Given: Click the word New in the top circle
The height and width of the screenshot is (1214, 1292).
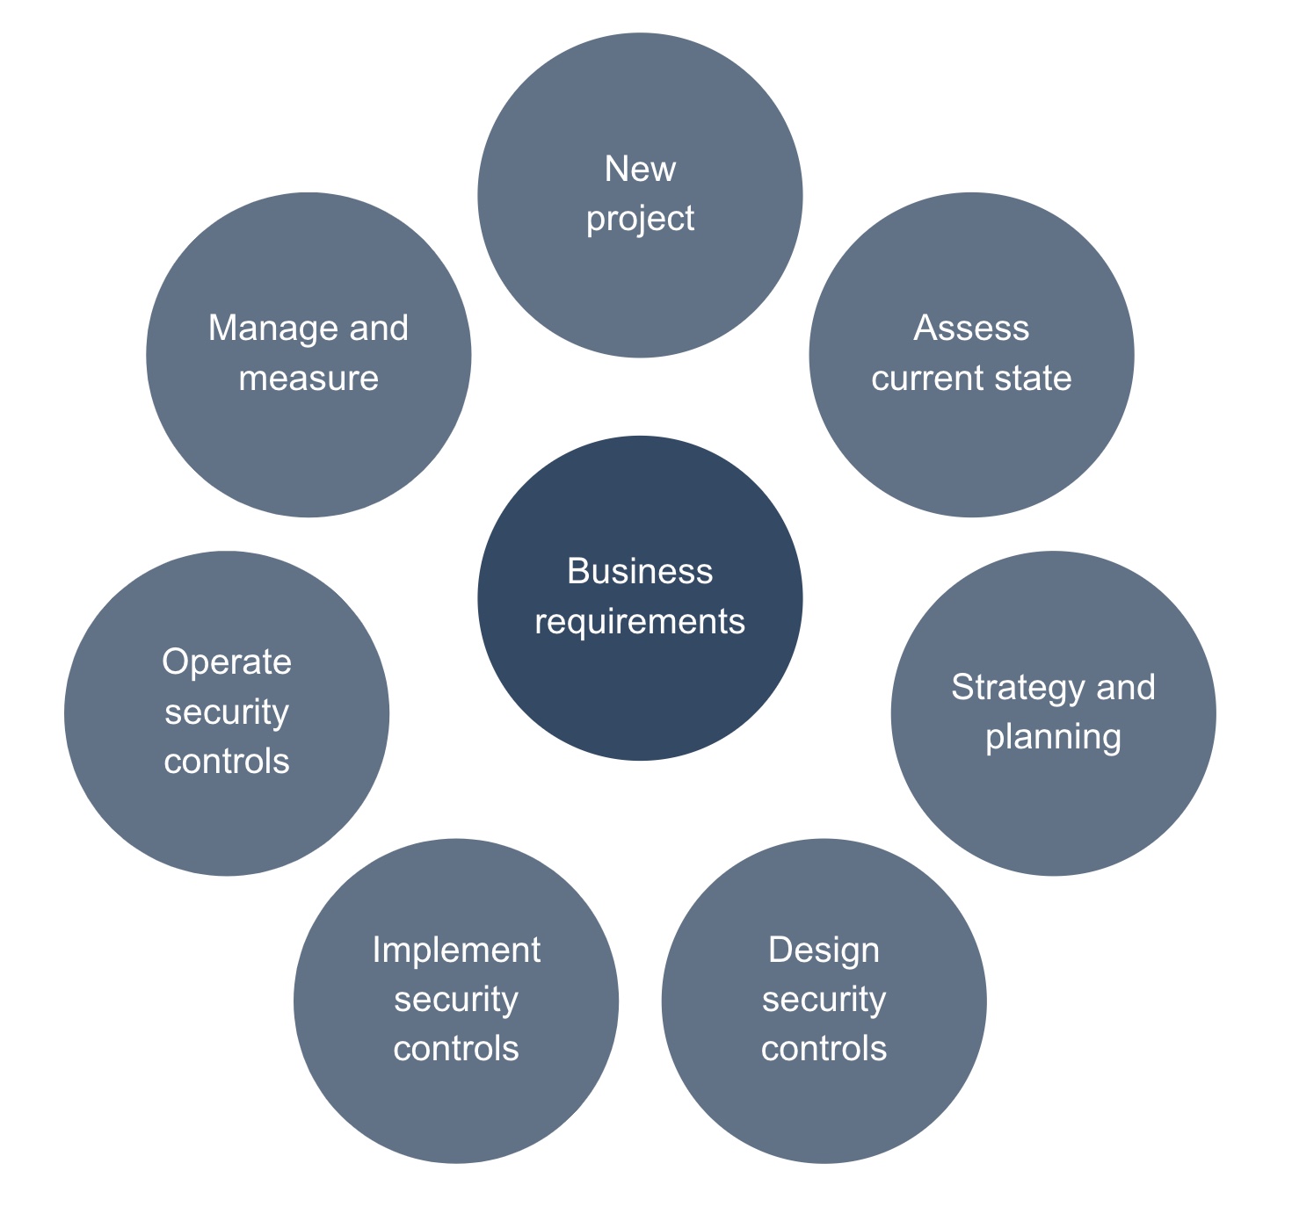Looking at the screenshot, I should coord(640,169).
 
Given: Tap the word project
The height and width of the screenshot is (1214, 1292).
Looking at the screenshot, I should coord(640,220).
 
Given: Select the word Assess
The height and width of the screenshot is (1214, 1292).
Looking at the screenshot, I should coord(971,329).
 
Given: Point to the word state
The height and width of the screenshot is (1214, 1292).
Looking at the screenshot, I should coord(1035,379).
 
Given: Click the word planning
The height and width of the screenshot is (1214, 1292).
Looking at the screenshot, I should coord(1053,737).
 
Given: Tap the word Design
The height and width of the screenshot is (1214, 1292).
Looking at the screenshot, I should coord(824,950).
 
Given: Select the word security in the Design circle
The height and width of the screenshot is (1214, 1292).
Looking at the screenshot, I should coord(824,1001).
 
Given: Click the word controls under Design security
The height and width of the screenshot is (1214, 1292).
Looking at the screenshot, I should coord(824,1049).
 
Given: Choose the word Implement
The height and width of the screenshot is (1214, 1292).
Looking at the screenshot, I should coord(456,950).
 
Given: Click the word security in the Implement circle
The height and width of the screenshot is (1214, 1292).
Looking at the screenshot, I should coord(456,1001).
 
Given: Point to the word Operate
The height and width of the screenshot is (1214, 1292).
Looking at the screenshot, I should coord(227,662).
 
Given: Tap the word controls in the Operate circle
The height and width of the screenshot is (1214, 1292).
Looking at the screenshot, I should coord(227,762).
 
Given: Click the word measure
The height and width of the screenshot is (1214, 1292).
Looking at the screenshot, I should coord(308,379).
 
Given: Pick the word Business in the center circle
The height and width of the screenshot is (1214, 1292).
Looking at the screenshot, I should coord(640,572).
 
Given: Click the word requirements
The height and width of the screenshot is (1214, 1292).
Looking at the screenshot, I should coord(640,622).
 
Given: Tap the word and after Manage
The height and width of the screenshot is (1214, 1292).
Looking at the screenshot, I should coord(379,329).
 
